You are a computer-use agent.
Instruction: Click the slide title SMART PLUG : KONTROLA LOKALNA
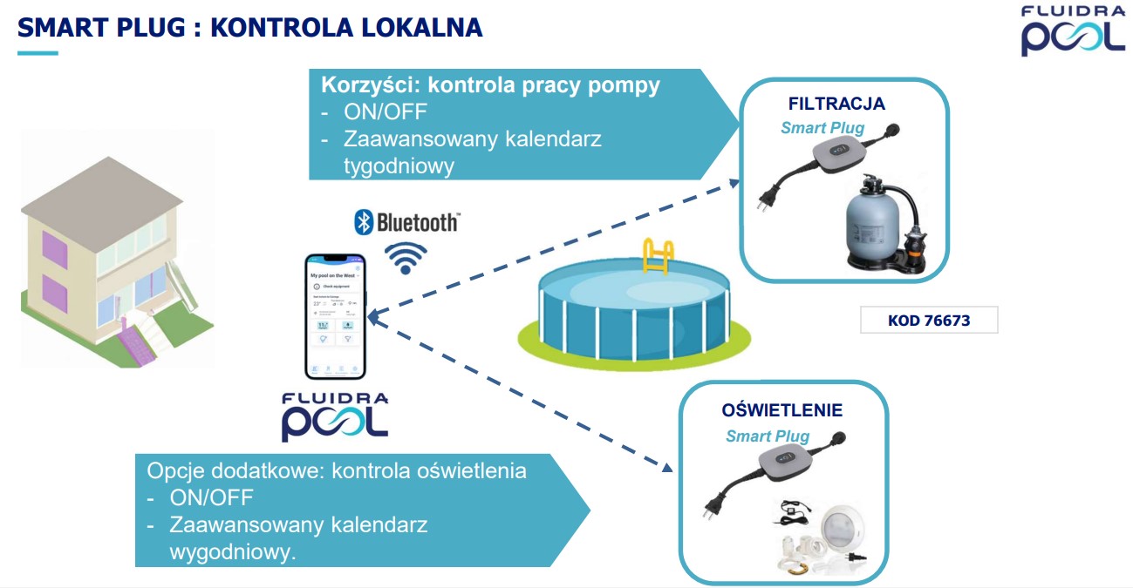[x=250, y=27]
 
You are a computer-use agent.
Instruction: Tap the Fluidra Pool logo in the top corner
[x=1073, y=31]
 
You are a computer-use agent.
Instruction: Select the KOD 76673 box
[x=928, y=321]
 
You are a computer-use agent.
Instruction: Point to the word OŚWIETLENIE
[x=782, y=410]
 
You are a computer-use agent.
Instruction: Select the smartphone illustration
[x=336, y=316]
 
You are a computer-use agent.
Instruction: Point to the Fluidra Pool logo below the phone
[x=335, y=416]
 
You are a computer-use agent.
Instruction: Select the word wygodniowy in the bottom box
[x=233, y=552]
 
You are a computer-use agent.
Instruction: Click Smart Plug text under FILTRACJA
[x=822, y=128]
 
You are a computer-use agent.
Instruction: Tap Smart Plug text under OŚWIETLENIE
[x=768, y=436]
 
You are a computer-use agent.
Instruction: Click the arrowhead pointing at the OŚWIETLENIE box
[x=667, y=468]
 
